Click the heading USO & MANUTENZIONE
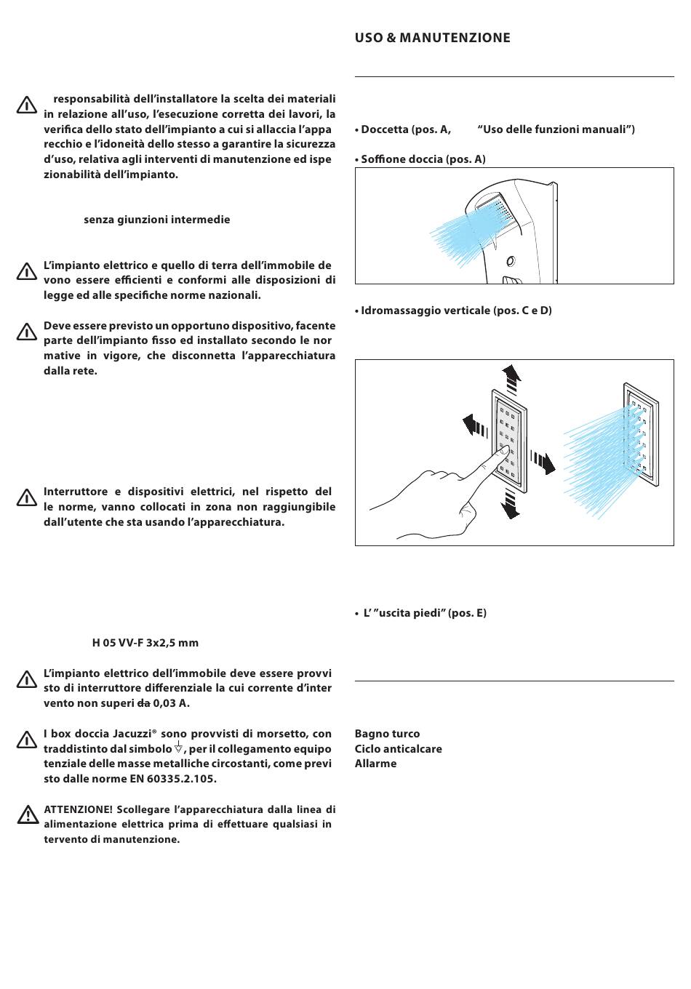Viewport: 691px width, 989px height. click(x=432, y=38)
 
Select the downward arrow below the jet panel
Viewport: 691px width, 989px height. click(x=511, y=503)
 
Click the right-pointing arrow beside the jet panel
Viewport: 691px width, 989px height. click(x=543, y=462)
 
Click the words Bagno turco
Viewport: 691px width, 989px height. click(x=387, y=734)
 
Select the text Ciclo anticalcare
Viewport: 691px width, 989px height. click(x=398, y=749)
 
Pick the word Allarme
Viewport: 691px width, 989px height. click(x=375, y=764)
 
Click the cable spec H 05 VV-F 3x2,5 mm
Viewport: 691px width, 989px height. click(x=145, y=643)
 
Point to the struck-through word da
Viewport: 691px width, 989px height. click(x=143, y=703)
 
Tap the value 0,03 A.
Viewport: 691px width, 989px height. click(x=171, y=703)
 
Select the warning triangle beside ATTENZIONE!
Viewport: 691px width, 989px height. click(x=27, y=815)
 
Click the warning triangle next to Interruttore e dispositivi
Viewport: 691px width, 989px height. click(x=26, y=498)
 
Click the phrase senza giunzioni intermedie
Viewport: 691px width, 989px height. click(x=156, y=220)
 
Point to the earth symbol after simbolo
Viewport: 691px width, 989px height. click(x=178, y=748)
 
